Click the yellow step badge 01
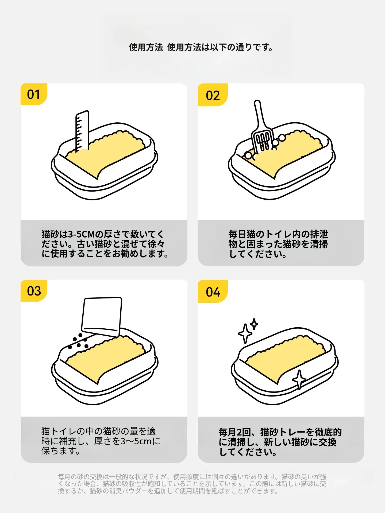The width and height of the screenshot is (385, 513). click(x=33, y=94)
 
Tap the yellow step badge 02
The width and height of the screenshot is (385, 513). click(x=213, y=95)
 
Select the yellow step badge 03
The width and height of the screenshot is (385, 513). click(x=34, y=291)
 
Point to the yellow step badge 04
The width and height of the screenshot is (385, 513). click(x=213, y=292)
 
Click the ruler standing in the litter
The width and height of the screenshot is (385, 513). click(x=82, y=131)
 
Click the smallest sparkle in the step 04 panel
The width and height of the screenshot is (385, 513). click(x=254, y=324)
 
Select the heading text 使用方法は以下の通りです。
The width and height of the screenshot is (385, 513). click(x=220, y=47)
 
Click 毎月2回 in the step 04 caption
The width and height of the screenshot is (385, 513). click(x=235, y=432)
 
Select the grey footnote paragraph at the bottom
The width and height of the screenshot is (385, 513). click(x=192, y=484)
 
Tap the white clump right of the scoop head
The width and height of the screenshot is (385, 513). click(x=282, y=138)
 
